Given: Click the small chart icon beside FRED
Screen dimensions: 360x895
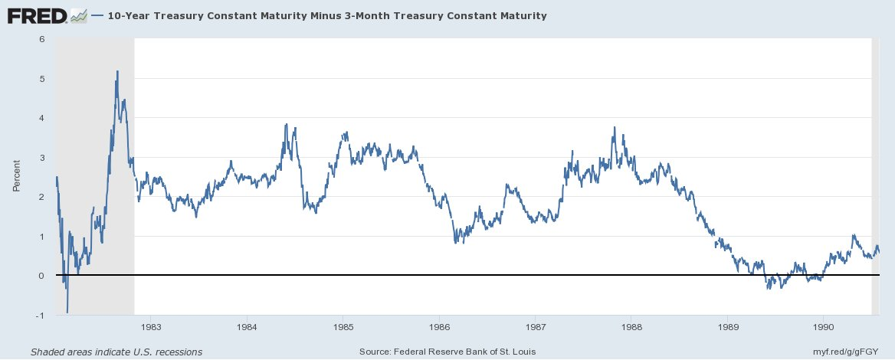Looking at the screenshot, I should pyautogui.click(x=77, y=15).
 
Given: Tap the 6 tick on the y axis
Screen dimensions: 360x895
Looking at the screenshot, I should pyautogui.click(x=44, y=39).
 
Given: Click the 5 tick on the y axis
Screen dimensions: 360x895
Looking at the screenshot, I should pyautogui.click(x=44, y=79).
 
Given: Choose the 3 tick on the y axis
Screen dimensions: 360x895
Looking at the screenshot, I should pyautogui.click(x=44, y=158).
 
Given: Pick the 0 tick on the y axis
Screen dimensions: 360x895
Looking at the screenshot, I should pyautogui.click(x=44, y=276).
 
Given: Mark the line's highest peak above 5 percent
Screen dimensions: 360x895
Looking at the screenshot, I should pyautogui.click(x=117, y=71).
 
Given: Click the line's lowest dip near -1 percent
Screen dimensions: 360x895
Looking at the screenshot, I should pyautogui.click(x=67, y=312).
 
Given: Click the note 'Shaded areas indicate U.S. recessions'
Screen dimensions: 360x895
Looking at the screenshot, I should pyautogui.click(x=116, y=352).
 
